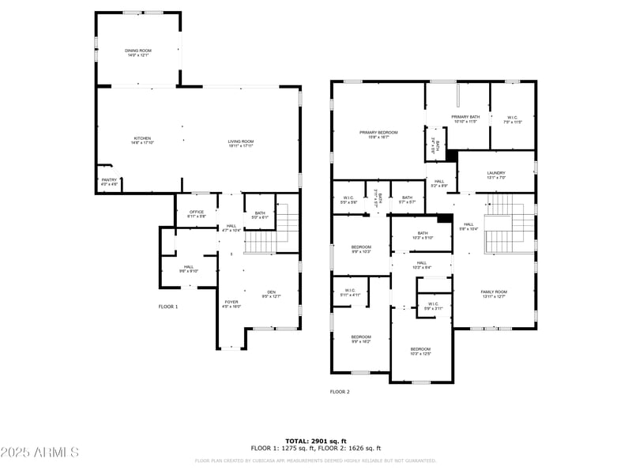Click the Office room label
pos(196,213)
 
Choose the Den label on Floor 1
pos(271,294)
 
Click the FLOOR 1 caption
pos(168,306)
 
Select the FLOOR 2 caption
pos(340,391)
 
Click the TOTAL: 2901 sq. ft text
pos(316,441)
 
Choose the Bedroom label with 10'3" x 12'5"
pos(420,351)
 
